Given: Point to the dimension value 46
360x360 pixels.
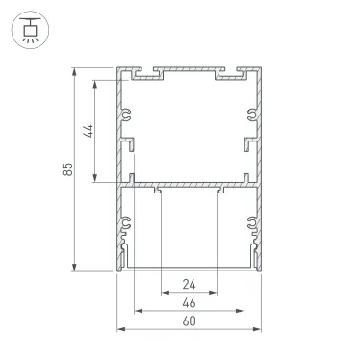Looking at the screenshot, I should click(x=189, y=303).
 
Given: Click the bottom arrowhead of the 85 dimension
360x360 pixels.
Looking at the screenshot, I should click(x=75, y=270).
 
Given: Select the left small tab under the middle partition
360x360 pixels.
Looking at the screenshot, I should click(x=158, y=191).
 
